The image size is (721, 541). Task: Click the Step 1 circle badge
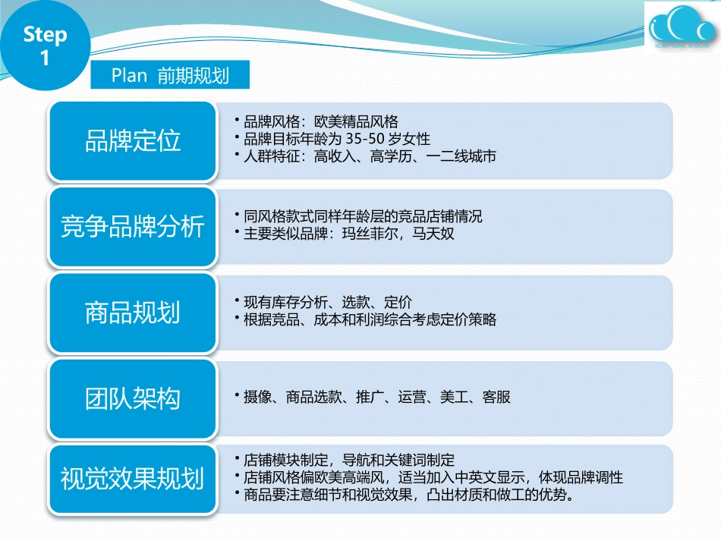[44, 46]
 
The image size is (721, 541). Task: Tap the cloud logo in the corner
[680, 31]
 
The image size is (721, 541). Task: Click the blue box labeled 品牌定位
[133, 141]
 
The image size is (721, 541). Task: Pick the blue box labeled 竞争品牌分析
[133, 227]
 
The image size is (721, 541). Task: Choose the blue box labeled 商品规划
[133, 313]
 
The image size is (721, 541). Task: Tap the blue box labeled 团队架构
[133, 398]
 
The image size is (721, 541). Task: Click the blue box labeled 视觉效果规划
[133, 480]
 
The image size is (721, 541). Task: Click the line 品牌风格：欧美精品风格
[320, 121]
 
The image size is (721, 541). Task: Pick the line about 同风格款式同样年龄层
[363, 216]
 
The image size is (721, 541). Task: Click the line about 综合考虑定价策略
[370, 320]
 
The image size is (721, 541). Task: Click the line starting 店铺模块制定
[349, 460]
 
